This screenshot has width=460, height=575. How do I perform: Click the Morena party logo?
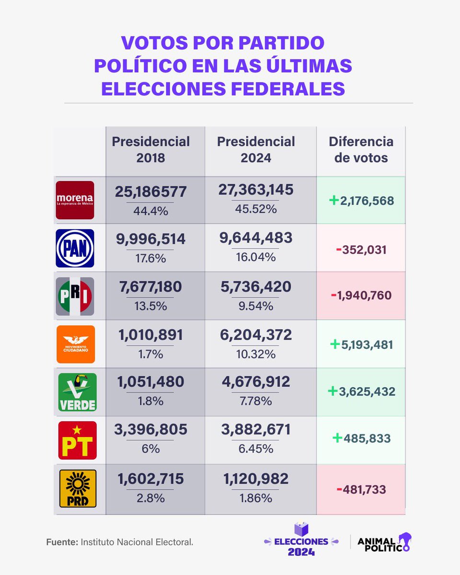click(75, 200)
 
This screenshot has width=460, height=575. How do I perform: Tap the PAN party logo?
click(75, 248)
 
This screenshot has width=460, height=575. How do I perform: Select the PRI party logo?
click(75, 296)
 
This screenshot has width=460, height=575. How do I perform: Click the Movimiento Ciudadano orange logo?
click(76, 344)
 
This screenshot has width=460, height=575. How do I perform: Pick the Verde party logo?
click(77, 392)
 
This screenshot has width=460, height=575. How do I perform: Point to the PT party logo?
click(77, 440)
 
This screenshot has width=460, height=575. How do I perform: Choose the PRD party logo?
click(77, 488)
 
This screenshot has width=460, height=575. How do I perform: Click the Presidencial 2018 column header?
click(151, 149)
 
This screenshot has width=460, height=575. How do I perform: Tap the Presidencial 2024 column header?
click(256, 149)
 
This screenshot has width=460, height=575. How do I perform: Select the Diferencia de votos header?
click(361, 149)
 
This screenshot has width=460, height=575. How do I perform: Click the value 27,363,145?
click(256, 190)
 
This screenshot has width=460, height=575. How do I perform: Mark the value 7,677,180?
click(150, 287)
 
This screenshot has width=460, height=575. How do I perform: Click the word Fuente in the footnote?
click(62, 542)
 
